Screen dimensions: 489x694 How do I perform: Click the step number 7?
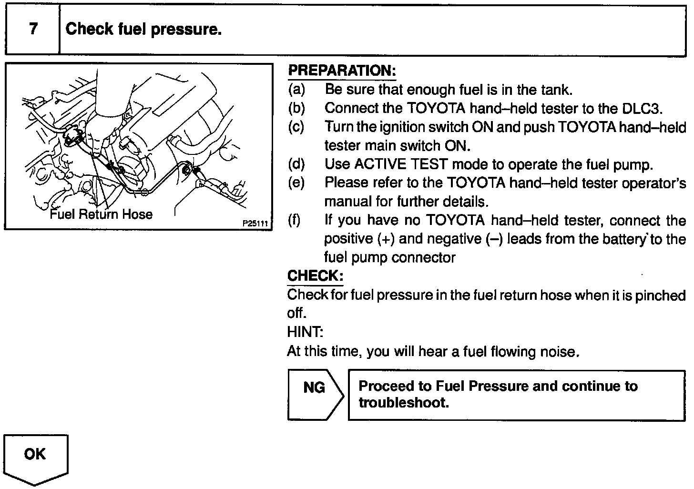[x=33, y=29]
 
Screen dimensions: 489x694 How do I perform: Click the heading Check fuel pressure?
[x=143, y=30]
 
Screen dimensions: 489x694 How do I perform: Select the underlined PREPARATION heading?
[x=342, y=71]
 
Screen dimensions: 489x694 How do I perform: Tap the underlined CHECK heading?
[x=315, y=276]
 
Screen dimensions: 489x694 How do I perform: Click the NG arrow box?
[x=315, y=395]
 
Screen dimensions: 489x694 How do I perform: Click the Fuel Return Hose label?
[x=101, y=214]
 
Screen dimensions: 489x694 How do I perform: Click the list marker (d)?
[x=296, y=164]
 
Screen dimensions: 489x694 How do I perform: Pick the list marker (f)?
[x=294, y=221]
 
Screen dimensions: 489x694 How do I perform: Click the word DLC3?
[x=643, y=108]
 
